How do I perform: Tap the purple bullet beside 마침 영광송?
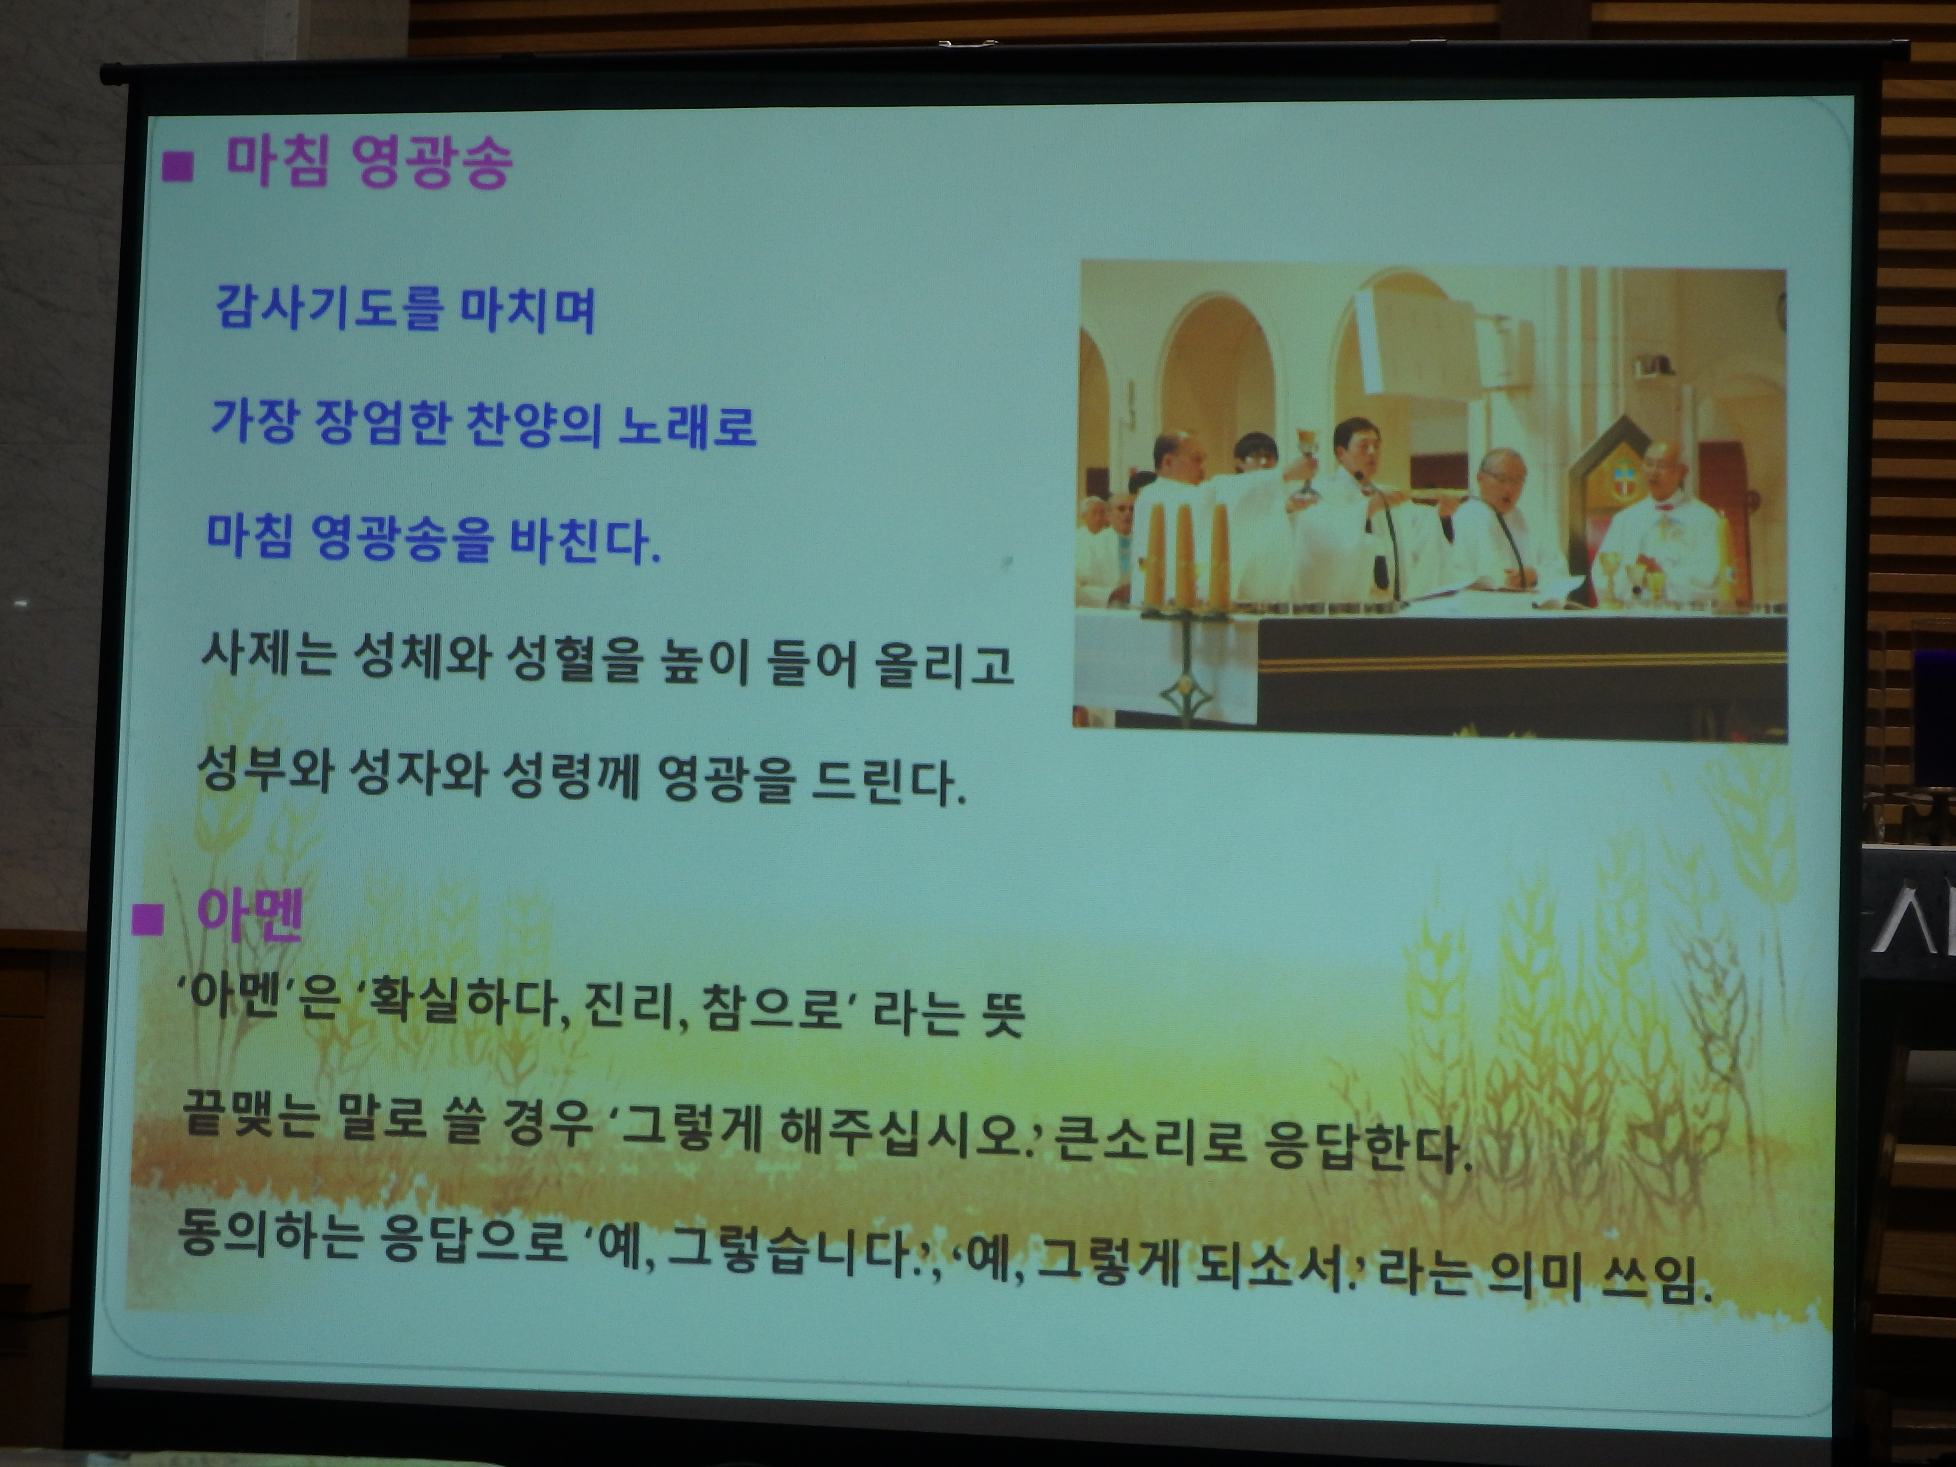(178, 166)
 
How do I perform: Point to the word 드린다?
(887, 780)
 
